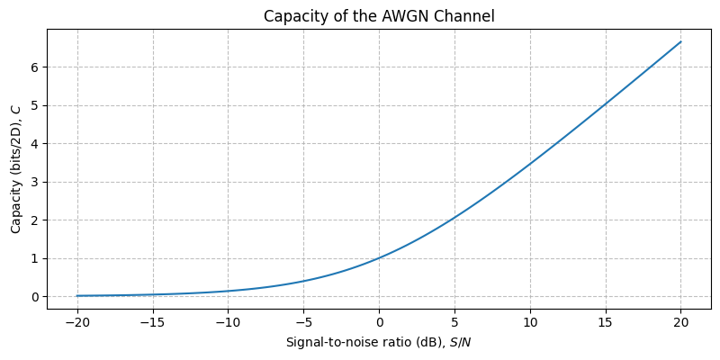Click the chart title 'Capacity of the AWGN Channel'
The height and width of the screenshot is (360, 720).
tap(379, 15)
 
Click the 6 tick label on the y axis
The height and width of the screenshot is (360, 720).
tap(35, 67)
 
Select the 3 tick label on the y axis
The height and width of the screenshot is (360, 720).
tap(35, 182)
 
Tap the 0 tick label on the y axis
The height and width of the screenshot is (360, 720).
tap(35, 297)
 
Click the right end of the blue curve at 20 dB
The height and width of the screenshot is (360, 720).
tap(680, 41)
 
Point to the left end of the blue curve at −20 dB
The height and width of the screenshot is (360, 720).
tap(77, 295)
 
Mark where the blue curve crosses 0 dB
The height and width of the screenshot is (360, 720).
tap(379, 258)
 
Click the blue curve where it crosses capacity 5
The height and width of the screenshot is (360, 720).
tap(604, 105)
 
